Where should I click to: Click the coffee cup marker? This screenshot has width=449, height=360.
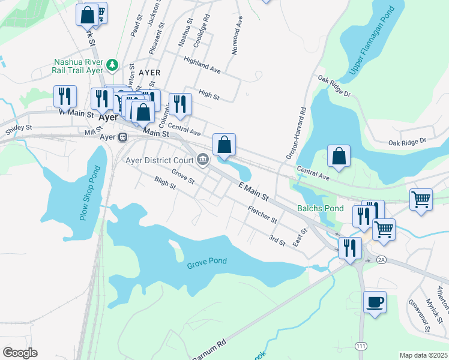(375, 302)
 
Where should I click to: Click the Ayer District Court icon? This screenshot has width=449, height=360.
(202, 160)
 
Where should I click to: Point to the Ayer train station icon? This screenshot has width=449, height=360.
(122, 137)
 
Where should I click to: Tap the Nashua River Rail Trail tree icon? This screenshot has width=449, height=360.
(112, 64)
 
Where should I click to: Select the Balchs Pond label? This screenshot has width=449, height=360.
(321, 209)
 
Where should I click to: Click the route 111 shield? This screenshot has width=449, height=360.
(361, 347)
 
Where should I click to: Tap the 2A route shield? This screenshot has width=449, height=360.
(381, 260)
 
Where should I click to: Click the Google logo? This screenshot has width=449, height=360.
(20, 353)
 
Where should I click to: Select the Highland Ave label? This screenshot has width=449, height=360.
(202, 66)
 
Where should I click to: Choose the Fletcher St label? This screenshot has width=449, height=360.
(262, 215)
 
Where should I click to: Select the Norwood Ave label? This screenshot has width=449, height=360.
(237, 37)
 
